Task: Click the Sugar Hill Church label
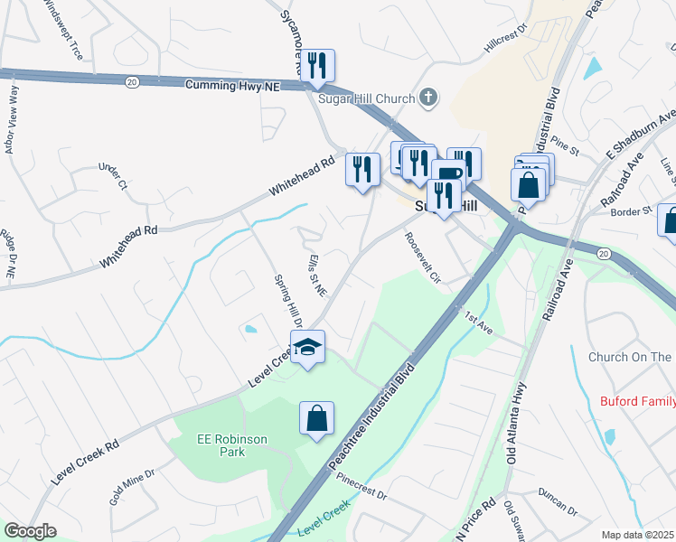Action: (366, 98)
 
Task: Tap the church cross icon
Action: (429, 98)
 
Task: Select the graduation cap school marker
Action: (307, 348)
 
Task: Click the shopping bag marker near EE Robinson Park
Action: (316, 418)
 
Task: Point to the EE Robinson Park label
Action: (232, 445)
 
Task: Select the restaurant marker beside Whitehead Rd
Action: (361, 167)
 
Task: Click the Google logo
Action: (30, 531)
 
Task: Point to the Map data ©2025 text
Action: (637, 535)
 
